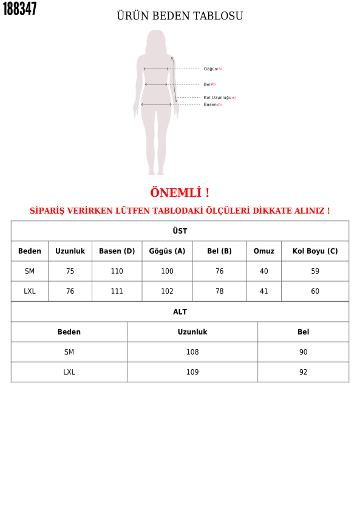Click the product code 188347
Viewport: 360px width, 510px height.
click(x=19, y=9)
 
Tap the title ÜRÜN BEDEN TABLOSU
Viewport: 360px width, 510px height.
click(x=180, y=16)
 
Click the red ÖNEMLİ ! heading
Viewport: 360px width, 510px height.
click(x=180, y=193)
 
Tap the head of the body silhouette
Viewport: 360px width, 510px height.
click(x=156, y=38)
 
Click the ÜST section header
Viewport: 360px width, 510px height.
click(x=180, y=231)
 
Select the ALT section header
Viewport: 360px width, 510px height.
click(x=180, y=312)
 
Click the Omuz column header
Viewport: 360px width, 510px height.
click(x=264, y=251)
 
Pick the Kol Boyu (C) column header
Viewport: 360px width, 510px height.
click(x=315, y=251)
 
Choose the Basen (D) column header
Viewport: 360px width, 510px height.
click(x=117, y=251)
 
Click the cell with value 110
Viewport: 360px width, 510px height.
click(x=117, y=271)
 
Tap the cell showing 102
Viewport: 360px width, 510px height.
click(x=168, y=291)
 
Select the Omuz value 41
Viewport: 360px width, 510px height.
click(x=264, y=291)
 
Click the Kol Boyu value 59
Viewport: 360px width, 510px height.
click(x=315, y=271)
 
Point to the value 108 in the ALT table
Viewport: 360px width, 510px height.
click(x=192, y=352)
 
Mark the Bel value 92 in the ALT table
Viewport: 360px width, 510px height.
click(x=304, y=372)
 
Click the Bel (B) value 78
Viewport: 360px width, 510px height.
click(x=220, y=291)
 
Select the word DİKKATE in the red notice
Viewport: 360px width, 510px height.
click(x=271, y=211)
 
